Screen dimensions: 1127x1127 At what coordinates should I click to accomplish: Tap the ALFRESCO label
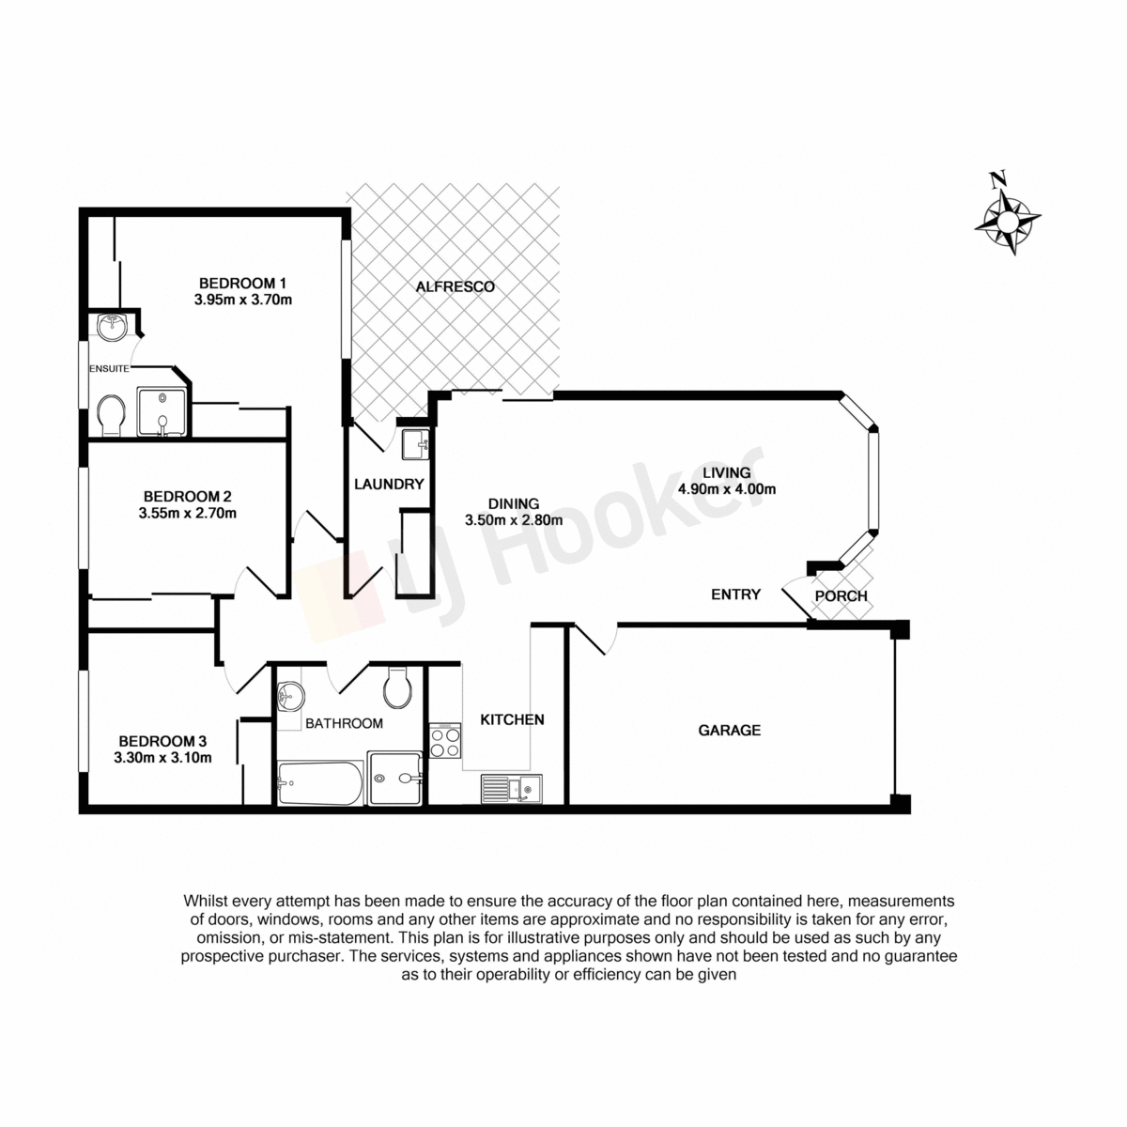point(455,286)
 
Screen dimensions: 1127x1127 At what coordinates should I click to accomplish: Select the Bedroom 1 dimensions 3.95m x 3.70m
point(242,300)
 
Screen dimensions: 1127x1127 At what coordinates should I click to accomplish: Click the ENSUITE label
point(109,368)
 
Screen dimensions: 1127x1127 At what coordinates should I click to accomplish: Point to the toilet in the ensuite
point(111,415)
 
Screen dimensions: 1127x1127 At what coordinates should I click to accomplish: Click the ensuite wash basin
point(111,327)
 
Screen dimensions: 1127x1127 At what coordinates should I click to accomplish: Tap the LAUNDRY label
point(389,484)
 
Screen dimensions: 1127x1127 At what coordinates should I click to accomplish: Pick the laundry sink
point(416,445)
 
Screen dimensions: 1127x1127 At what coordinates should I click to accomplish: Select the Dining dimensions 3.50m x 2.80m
point(514,520)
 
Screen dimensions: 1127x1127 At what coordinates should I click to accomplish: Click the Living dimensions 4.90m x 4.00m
point(726,489)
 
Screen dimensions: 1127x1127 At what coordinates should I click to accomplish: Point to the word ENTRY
point(735,594)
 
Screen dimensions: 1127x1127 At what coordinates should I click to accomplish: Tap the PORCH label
point(841,596)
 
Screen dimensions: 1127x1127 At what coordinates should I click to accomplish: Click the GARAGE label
point(730,730)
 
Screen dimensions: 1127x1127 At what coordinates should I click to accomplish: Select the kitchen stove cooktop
point(445,740)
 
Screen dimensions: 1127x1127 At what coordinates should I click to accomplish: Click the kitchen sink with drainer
point(512,789)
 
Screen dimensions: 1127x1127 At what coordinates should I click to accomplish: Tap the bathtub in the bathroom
point(320,783)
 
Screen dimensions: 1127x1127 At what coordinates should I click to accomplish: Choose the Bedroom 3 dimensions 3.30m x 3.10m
point(162,758)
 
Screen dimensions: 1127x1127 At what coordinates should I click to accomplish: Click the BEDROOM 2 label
point(187,497)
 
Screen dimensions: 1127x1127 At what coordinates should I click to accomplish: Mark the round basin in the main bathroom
point(290,697)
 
